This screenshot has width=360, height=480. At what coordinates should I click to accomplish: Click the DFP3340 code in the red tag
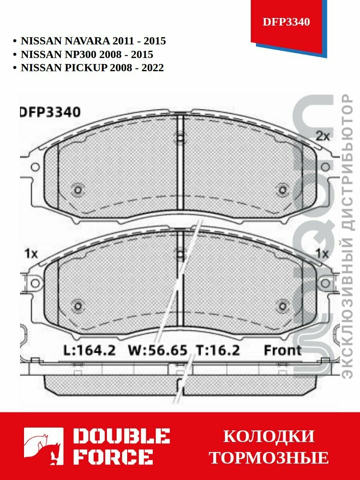[286, 22]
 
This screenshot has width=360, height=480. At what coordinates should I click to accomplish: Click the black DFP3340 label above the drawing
[50, 112]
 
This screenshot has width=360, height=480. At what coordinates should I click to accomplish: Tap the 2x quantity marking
[323, 136]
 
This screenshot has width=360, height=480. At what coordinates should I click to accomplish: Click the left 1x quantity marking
[31, 253]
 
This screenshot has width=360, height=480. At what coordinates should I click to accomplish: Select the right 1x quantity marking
[322, 253]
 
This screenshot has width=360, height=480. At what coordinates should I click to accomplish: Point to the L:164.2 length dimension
[90, 350]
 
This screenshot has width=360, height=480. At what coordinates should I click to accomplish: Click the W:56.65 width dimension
[158, 350]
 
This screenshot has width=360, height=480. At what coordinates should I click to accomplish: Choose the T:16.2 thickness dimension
[218, 350]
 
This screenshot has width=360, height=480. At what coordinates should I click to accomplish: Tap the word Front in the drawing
[282, 350]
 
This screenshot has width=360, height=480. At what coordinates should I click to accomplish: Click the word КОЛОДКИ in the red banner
[269, 436]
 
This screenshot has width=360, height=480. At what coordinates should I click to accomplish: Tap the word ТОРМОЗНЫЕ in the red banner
[269, 458]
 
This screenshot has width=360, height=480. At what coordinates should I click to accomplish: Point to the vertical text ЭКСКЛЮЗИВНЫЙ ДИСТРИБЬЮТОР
[348, 236]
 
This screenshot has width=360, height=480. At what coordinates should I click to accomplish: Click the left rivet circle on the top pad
[78, 189]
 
